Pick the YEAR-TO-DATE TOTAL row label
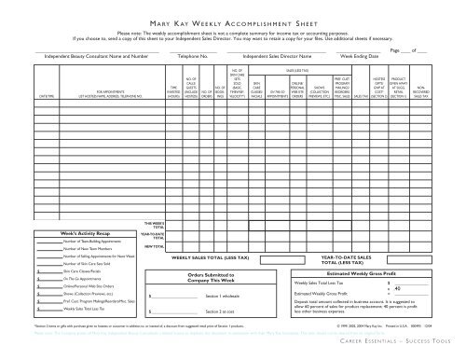point(156,235)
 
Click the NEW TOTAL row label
point(156,246)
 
